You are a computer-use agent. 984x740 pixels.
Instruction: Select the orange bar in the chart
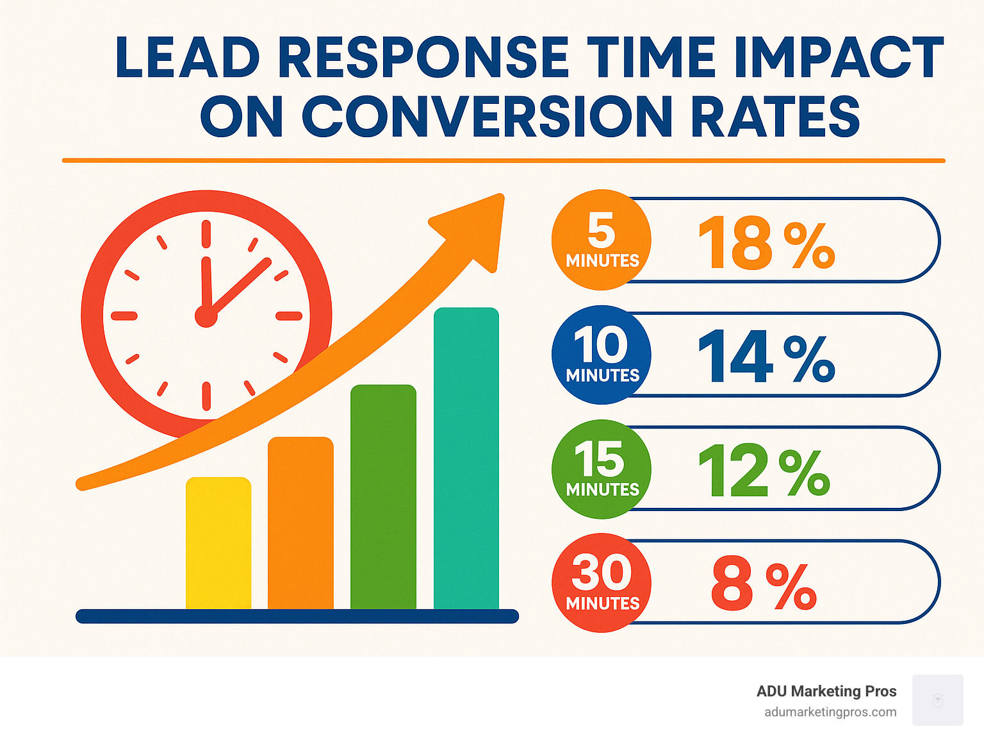click(x=300, y=523)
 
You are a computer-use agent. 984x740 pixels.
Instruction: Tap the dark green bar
click(x=383, y=497)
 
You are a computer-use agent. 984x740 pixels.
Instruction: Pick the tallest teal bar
click(x=466, y=458)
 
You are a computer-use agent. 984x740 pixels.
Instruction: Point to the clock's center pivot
click(x=206, y=316)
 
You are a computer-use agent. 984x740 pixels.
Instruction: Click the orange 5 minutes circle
click(x=601, y=240)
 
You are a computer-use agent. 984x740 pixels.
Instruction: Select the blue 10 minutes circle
click(x=601, y=355)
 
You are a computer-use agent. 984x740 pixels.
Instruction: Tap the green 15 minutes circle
click(x=601, y=469)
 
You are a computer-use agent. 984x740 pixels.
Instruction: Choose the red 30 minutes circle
click(x=601, y=583)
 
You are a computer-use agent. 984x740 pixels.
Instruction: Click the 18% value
click(x=766, y=244)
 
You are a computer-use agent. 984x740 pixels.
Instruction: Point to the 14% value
click(x=766, y=357)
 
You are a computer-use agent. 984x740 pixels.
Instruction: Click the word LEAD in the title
click(x=188, y=58)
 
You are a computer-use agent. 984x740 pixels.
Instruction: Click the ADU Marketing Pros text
click(x=826, y=691)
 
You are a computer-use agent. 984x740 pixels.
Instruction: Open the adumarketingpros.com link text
click(x=830, y=712)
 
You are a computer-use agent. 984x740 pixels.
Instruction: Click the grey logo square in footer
click(x=937, y=700)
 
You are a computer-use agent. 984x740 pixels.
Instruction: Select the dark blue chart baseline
click(x=297, y=616)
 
